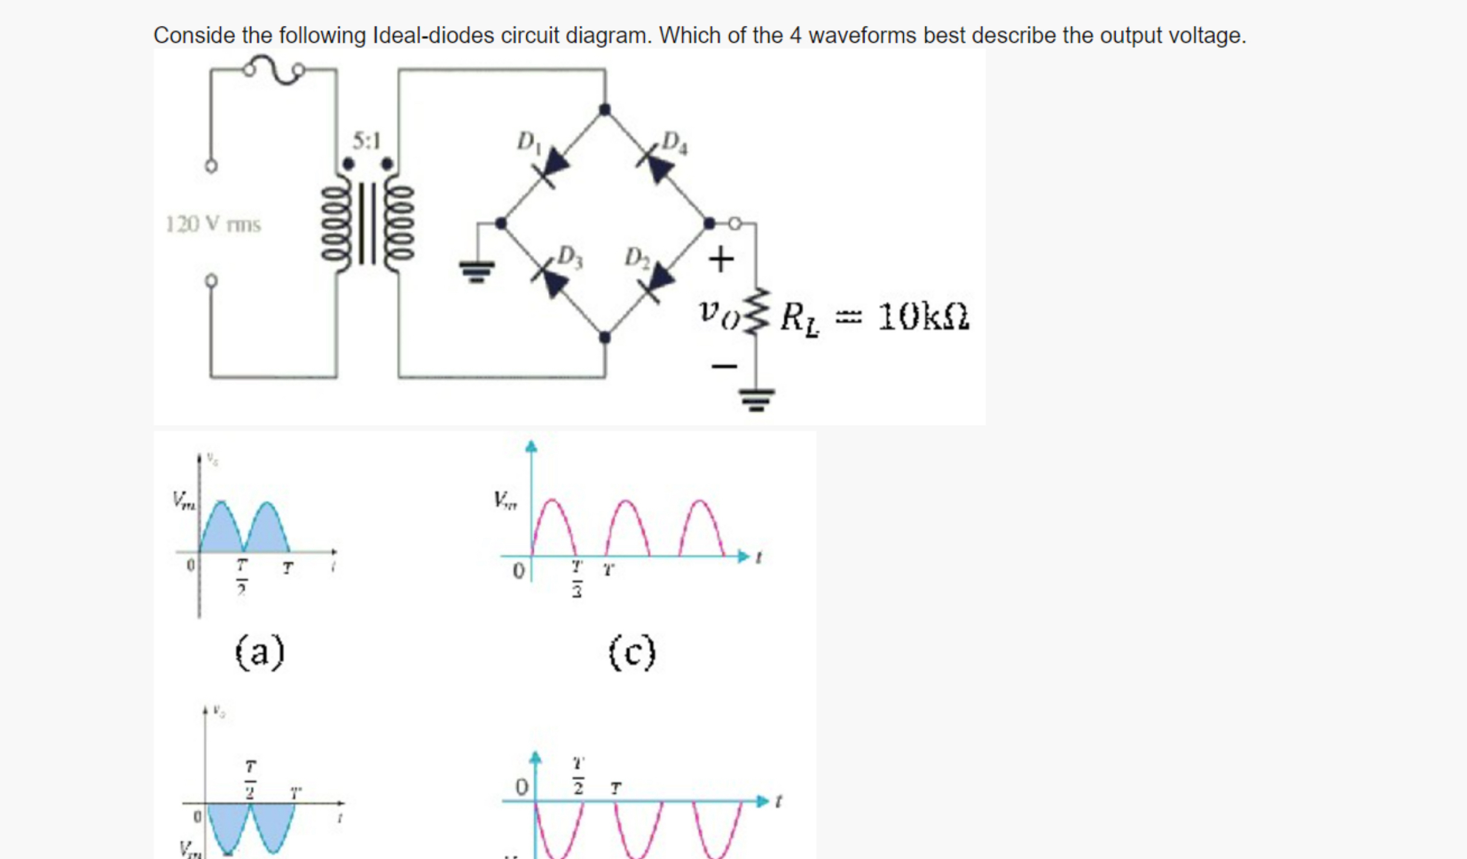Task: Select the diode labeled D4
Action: point(657,164)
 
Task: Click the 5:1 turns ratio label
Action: point(366,141)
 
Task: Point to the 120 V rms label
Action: point(213,225)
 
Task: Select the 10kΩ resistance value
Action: point(923,316)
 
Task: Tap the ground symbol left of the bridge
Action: point(477,271)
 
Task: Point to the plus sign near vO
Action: point(721,260)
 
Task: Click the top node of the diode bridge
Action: point(604,109)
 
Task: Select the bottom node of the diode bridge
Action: point(604,337)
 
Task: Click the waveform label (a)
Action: point(260,652)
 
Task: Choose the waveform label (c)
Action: point(631,652)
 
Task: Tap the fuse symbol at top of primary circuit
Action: point(273,70)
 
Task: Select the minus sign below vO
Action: point(723,366)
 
